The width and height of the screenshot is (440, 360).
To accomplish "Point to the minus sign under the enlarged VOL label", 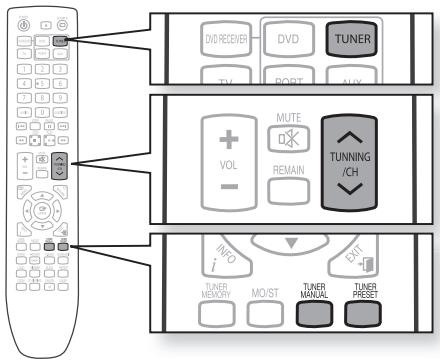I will (225, 186).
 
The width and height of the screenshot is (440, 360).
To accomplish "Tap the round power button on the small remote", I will (22, 26).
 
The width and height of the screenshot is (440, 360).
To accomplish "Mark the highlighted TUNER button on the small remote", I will (62, 40).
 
